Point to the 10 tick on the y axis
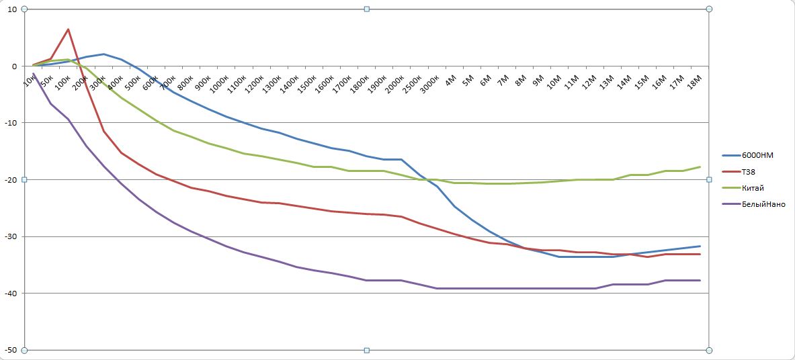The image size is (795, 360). [12, 9]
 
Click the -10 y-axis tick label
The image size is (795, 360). [11, 123]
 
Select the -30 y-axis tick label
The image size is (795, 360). [11, 236]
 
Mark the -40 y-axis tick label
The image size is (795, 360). [11, 294]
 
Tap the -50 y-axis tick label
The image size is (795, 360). [11, 350]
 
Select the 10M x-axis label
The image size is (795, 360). [554, 82]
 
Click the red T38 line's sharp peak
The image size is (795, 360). [68, 30]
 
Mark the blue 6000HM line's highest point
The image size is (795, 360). [103, 54]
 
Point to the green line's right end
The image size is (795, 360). [700, 167]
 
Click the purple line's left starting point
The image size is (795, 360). [34, 74]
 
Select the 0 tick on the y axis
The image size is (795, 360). [13, 66]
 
